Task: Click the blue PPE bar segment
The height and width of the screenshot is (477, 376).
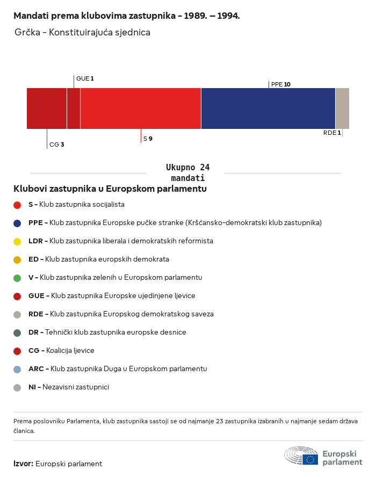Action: tap(268, 109)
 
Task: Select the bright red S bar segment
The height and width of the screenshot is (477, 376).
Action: tap(141, 109)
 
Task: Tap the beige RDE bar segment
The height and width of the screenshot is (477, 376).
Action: tap(342, 109)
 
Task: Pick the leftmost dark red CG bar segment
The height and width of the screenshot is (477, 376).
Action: tap(47, 109)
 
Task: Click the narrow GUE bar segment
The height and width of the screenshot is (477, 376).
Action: tap(74, 109)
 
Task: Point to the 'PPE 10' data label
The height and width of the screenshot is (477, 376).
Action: tap(281, 84)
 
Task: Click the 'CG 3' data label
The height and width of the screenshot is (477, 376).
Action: tap(57, 144)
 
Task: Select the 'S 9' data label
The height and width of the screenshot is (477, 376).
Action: tap(148, 139)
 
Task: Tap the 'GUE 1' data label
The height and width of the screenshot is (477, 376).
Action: tap(85, 78)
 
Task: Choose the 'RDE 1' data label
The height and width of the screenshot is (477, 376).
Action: tap(332, 133)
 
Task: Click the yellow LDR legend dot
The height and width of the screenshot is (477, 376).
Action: tap(17, 242)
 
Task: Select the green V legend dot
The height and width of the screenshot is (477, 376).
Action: tap(17, 278)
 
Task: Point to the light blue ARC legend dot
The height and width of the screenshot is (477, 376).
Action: tap(17, 370)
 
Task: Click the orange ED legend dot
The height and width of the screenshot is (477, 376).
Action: tap(17, 260)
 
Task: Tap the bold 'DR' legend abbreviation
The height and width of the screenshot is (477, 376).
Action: tap(33, 332)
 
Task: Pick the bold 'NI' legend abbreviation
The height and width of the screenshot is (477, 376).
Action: tap(32, 387)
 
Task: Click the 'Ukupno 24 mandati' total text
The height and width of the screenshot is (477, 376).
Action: tap(187, 172)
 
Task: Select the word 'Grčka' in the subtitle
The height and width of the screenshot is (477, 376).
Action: tap(27, 32)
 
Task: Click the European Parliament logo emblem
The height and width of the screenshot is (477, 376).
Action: tap(301, 456)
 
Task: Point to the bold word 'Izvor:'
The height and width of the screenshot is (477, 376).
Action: tap(23, 464)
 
